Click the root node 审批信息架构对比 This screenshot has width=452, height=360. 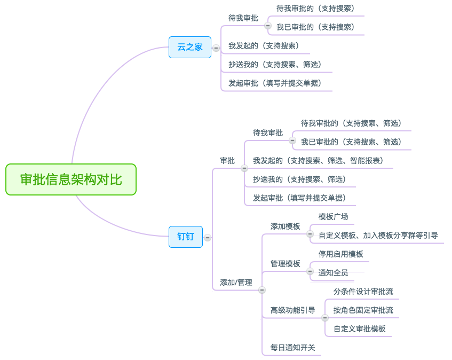click(71, 179)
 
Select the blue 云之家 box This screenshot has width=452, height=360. click(190, 47)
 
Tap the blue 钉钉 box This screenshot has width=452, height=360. click(186, 237)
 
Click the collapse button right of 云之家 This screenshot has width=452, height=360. click(216, 48)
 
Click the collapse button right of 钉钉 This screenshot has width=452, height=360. click(208, 237)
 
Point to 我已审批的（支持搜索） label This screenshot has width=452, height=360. click(315, 27)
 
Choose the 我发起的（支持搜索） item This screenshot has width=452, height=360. click(264, 45)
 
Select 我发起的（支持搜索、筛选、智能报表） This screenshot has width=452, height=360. click(318, 160)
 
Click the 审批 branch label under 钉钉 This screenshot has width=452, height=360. click(227, 160)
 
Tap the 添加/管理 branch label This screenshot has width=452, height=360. click(236, 282)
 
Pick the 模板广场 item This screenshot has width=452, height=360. click(333, 216)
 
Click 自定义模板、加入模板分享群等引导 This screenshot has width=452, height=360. click(378, 235)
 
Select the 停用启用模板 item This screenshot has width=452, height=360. click(340, 254)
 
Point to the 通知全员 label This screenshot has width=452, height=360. click(333, 272)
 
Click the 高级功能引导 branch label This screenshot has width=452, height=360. click(292, 310)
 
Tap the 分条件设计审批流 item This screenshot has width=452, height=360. click(363, 291)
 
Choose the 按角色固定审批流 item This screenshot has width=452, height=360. click(363, 310)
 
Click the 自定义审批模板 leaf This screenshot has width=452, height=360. click(359, 328)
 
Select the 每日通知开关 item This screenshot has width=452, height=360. click(292, 347)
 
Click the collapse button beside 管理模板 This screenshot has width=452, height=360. click(310, 271)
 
